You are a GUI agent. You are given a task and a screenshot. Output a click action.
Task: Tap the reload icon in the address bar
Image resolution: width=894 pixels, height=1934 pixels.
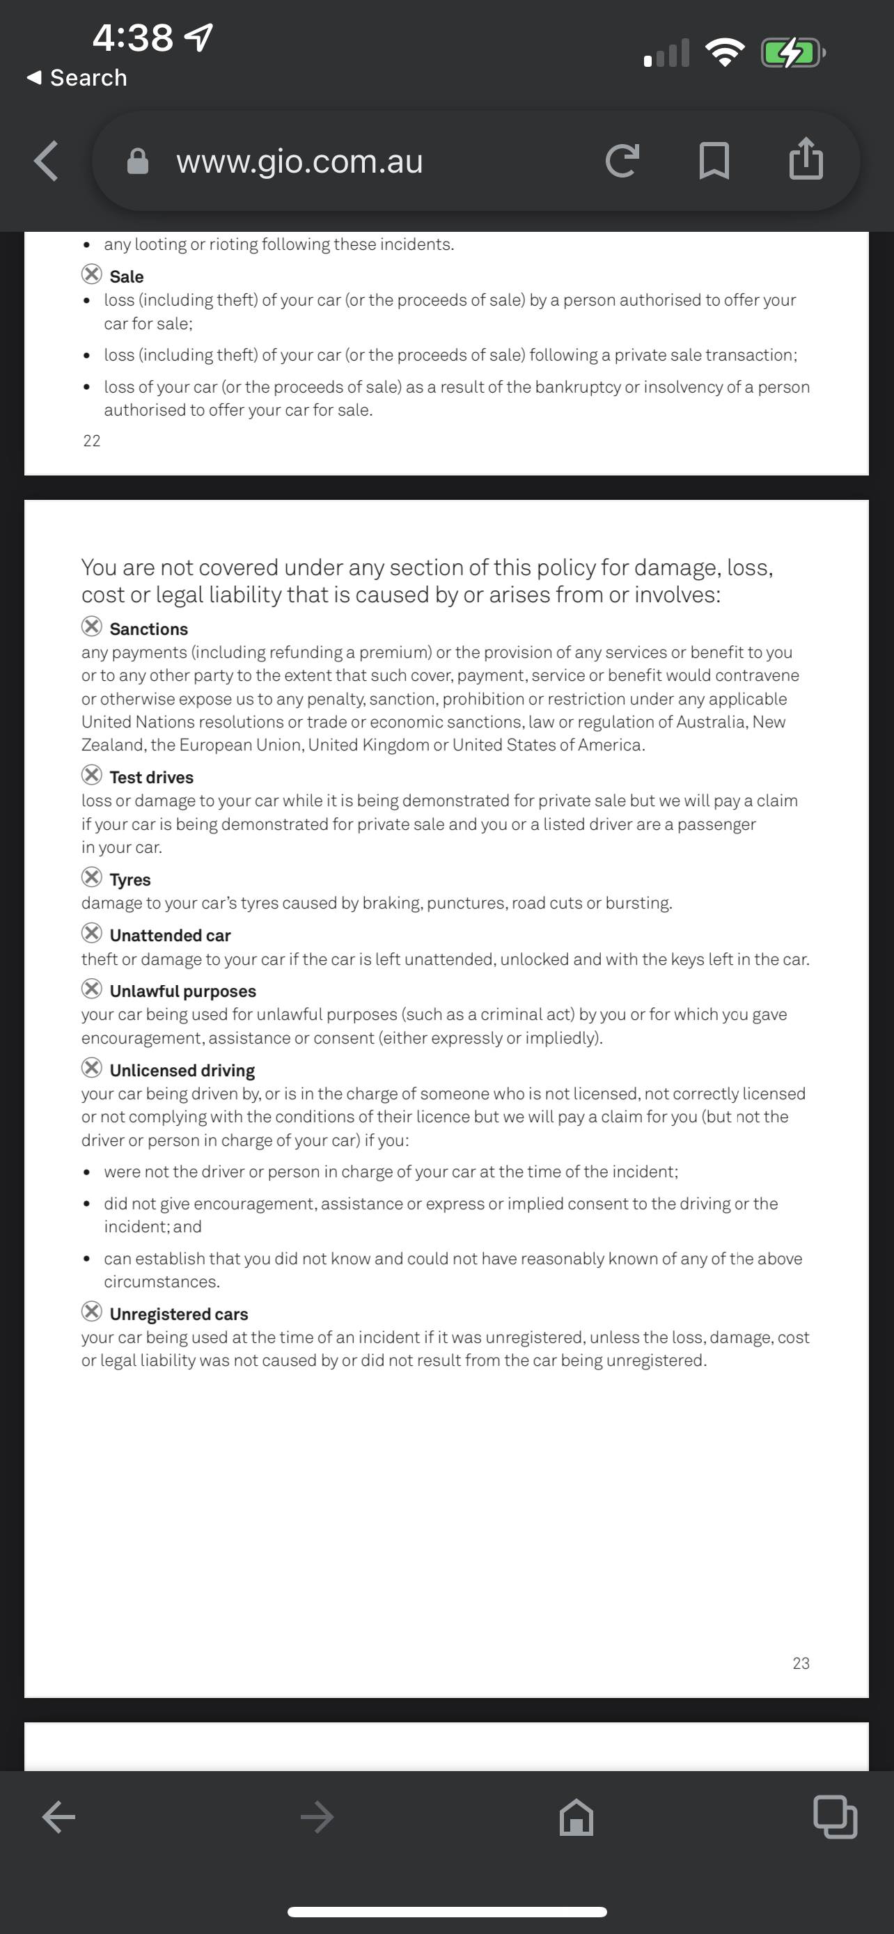pos(622,161)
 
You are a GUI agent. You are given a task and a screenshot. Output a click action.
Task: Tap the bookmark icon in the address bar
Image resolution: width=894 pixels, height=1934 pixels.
pos(714,161)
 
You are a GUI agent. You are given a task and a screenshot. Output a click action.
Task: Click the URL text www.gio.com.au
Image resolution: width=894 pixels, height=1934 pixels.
pos(299,162)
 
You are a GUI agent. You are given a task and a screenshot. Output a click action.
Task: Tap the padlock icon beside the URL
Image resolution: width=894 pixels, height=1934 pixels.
pos(138,162)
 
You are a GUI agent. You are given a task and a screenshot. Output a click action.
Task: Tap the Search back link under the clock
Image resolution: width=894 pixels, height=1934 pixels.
pos(77,77)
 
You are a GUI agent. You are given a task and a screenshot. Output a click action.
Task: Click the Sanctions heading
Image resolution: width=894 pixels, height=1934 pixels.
pos(148,629)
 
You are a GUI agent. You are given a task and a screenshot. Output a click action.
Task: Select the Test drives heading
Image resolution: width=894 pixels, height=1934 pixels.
pos(152,777)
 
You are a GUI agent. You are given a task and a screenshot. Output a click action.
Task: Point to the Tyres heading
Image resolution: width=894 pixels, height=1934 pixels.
pos(130,879)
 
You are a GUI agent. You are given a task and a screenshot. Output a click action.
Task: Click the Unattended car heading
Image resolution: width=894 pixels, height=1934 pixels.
pos(171,936)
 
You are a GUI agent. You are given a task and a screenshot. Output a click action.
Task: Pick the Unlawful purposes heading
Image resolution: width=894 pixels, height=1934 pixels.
pos(182,991)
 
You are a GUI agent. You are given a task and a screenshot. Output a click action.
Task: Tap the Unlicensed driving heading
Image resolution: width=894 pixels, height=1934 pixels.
pos(182,1070)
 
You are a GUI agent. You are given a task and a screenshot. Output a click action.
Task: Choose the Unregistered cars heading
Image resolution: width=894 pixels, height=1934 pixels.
pos(179,1314)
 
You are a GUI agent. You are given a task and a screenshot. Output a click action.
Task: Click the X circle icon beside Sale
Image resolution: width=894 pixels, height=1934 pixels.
pos(92,274)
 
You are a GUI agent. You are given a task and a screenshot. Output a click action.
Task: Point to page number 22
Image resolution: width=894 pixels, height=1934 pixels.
pos(92,441)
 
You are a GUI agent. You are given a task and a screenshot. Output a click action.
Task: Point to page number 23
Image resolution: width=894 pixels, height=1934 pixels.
pos(801,1663)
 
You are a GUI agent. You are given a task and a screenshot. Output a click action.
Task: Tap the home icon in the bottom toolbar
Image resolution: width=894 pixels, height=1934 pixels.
pos(577,1818)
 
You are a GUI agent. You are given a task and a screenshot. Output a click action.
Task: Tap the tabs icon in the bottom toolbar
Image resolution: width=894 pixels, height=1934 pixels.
pos(835,1817)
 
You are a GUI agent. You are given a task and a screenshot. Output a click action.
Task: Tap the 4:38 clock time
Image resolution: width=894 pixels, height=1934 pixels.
pos(133,38)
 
